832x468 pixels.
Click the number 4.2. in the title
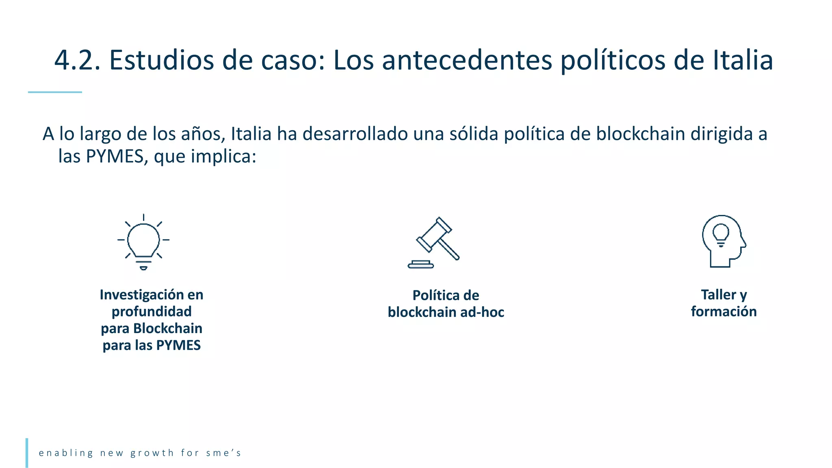77,61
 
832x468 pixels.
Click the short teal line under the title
55,92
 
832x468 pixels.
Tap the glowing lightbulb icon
143,242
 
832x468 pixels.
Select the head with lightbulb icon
724,241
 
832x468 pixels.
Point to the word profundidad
152,312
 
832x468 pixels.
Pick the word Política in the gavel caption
432,295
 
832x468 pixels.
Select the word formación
724,312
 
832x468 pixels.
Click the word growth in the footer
152,453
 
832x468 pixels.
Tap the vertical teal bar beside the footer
27,453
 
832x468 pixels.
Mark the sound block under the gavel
420,265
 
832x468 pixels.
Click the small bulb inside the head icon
721,234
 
